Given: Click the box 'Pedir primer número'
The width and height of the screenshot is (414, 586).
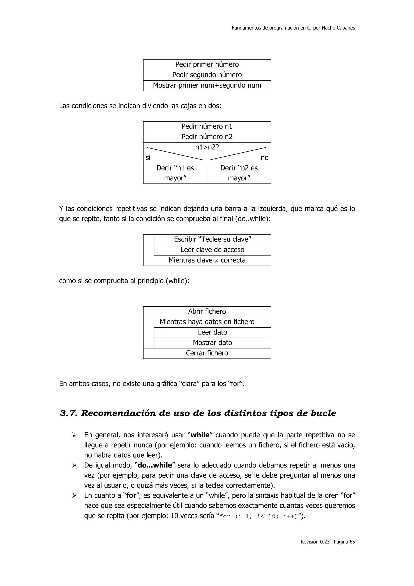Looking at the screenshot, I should point(207,65).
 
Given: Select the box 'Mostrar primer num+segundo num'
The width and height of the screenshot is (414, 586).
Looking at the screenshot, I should point(207,86).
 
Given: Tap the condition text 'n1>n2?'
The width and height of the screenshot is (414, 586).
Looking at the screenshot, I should point(207,147).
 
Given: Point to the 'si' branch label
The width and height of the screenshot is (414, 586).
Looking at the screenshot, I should point(148,158).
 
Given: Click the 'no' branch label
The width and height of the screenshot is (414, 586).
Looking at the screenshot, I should point(265,158).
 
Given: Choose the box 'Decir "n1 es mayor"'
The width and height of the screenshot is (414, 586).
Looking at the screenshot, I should point(175,173).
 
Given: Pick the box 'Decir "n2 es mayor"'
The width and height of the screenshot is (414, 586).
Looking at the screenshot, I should point(239,173).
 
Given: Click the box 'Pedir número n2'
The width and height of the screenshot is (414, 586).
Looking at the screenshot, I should point(207,137).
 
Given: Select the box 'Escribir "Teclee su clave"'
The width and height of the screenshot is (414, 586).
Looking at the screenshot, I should point(212,239).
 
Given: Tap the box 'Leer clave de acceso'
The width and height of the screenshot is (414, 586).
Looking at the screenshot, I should point(212,250).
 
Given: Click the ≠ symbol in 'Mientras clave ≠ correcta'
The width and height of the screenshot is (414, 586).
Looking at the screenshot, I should point(217,261).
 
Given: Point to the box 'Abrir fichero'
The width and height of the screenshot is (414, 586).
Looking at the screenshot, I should point(207,311).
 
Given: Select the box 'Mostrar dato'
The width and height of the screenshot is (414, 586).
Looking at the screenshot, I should point(212,343).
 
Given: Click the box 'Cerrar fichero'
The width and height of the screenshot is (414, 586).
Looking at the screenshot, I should point(207,353).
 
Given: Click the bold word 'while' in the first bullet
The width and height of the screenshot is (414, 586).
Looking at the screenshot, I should point(200,435).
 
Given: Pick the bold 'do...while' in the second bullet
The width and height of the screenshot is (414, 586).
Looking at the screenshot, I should point(155,465).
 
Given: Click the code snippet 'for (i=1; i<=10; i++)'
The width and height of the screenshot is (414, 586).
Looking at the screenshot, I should point(258,517).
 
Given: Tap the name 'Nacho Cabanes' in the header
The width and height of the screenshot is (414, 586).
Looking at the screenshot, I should point(338,28).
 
